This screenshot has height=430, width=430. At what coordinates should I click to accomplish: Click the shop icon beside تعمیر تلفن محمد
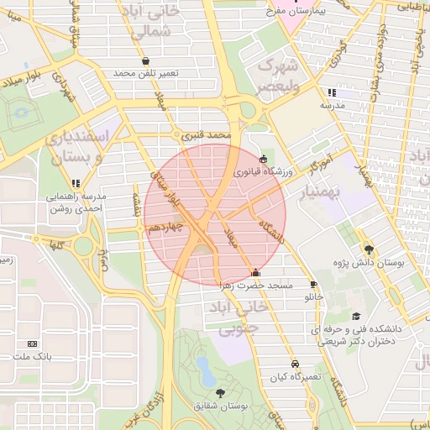[x=147, y=61]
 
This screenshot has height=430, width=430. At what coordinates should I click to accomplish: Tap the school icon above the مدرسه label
[x=332, y=92]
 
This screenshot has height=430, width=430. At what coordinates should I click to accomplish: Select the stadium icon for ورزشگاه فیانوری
[x=264, y=158]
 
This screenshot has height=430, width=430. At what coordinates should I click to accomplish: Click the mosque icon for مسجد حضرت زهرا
[x=256, y=273]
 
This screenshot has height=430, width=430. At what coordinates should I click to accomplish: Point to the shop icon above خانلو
[x=313, y=285]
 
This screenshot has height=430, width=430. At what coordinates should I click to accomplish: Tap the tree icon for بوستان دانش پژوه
[x=369, y=249]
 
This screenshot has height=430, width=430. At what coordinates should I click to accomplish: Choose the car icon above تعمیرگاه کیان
[x=295, y=364]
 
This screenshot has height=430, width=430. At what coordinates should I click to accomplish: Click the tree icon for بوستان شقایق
[x=220, y=392]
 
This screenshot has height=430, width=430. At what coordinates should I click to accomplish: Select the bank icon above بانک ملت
[x=33, y=343]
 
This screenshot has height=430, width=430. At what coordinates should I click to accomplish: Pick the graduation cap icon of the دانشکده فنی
[x=357, y=317]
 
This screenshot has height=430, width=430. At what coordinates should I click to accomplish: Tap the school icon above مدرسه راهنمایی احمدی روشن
[x=76, y=183]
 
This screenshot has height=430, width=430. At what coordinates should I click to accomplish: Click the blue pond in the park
[x=204, y=367]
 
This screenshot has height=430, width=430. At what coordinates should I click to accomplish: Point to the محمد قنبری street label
[x=207, y=134]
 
